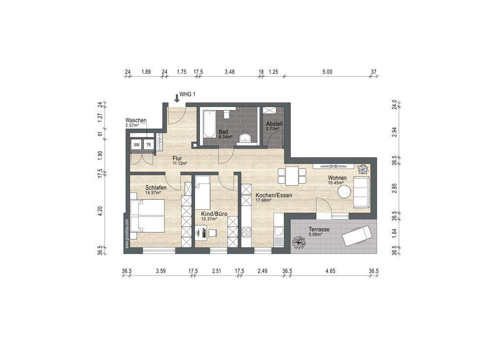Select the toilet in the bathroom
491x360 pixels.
(x=226, y=114)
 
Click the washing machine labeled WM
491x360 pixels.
(x=136, y=145)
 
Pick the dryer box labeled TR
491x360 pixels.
(x=148, y=145)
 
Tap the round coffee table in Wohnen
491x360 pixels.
(x=344, y=192)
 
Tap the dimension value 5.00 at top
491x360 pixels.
(x=327, y=72)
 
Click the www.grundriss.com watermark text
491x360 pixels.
(x=127, y=234)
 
